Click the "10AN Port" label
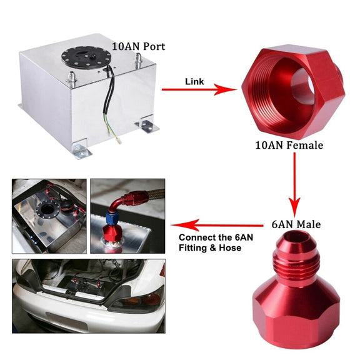pyautogui.click(x=139, y=46)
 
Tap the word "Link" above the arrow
pyautogui.click(x=194, y=81)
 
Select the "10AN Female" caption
pyautogui.click(x=289, y=145)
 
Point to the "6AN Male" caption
pyautogui.click(x=296, y=224)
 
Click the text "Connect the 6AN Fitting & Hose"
pyautogui.click(x=216, y=242)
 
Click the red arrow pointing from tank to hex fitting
pyautogui.click(x=199, y=89)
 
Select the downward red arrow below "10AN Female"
pyautogui.click(x=294, y=184)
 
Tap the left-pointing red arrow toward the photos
pyautogui.click(x=217, y=226)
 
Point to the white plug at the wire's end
pyautogui.click(x=119, y=141)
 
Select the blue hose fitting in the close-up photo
pyautogui.click(x=113, y=217)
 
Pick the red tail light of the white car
pyautogui.click(x=151, y=299)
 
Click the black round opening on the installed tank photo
pyautogui.click(x=47, y=210)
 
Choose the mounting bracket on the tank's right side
pyautogui.click(x=147, y=124)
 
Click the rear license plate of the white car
pyautogui.click(x=67, y=321)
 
